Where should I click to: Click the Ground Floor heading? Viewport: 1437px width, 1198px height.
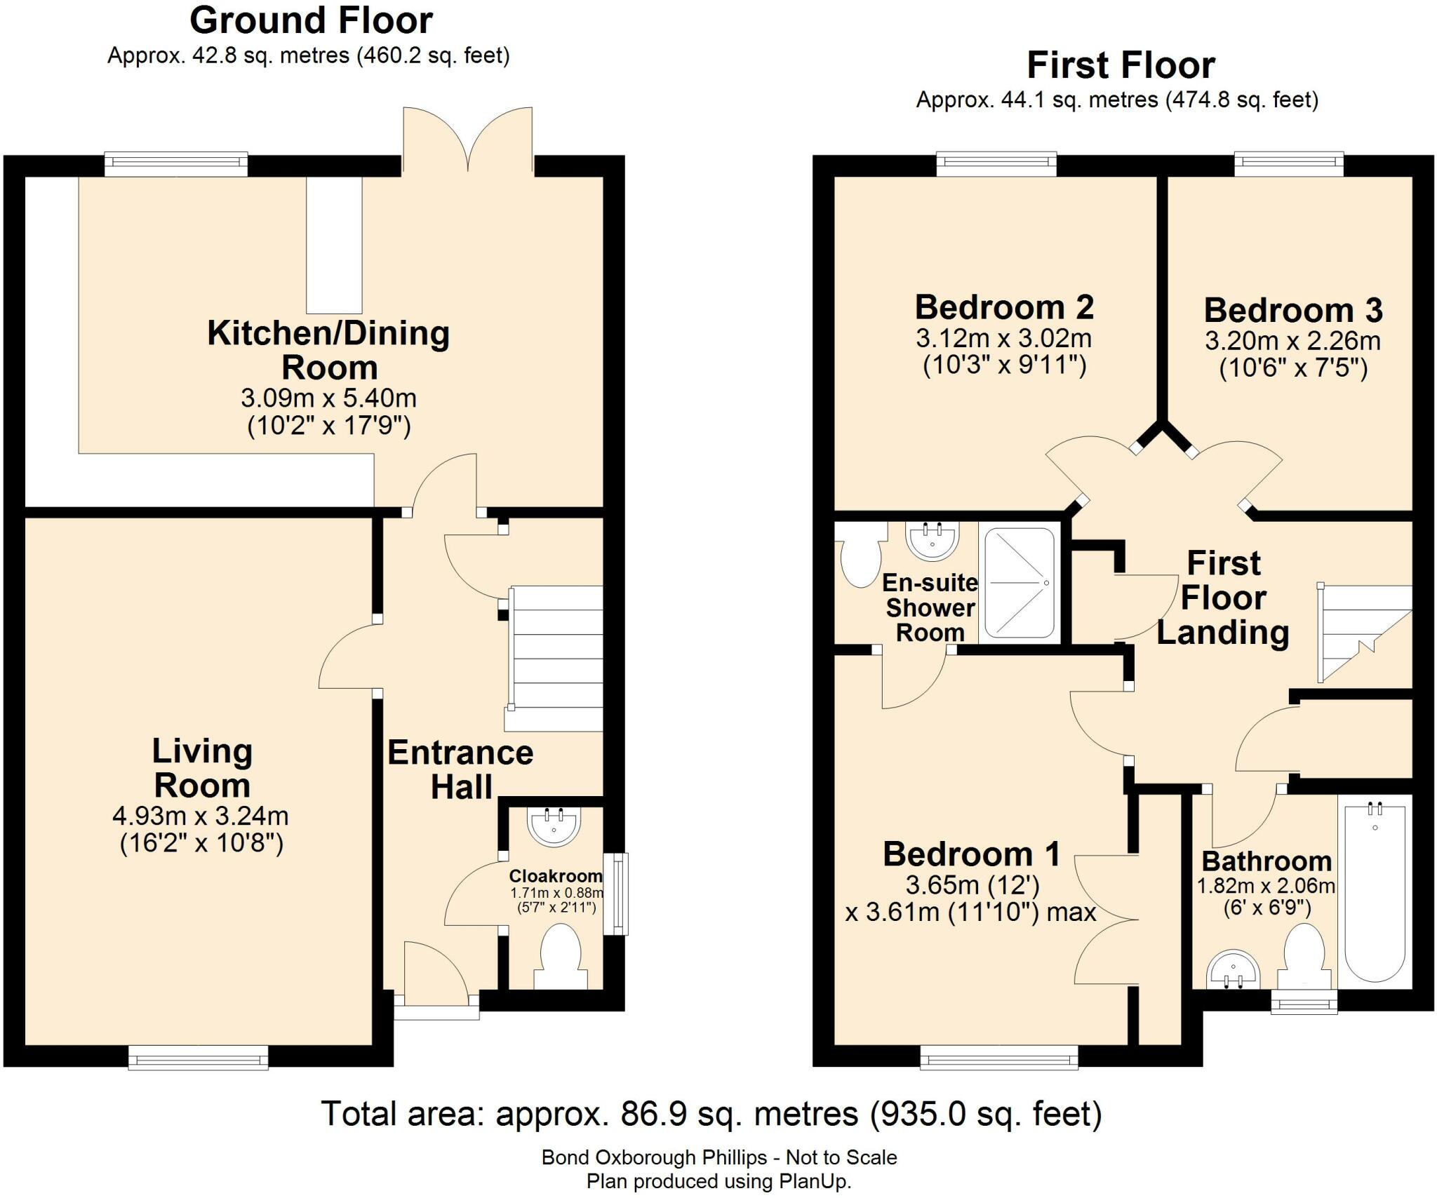coord(311,21)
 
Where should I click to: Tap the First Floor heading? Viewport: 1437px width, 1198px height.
coord(1121,66)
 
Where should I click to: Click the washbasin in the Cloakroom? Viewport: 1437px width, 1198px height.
coord(554,826)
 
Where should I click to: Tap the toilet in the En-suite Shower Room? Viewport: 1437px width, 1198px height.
coord(860,558)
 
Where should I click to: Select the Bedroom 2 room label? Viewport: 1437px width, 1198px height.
coord(1004,308)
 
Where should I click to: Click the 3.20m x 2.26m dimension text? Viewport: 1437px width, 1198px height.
coord(1292,342)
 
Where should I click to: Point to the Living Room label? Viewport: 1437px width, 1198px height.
coord(202,768)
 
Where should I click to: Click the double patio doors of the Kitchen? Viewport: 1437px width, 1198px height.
coord(467,140)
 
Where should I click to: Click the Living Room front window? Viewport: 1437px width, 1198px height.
coord(198,1056)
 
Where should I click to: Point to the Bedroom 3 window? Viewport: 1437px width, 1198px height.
coord(1288,165)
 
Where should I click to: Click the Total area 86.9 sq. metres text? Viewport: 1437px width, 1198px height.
coord(711,1114)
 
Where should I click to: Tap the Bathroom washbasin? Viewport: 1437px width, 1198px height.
coord(1233,970)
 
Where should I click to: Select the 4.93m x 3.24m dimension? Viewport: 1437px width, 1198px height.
coord(201,816)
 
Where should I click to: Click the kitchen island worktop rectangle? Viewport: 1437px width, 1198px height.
coord(334,245)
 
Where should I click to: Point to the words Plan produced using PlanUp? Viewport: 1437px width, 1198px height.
coord(718,1182)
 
